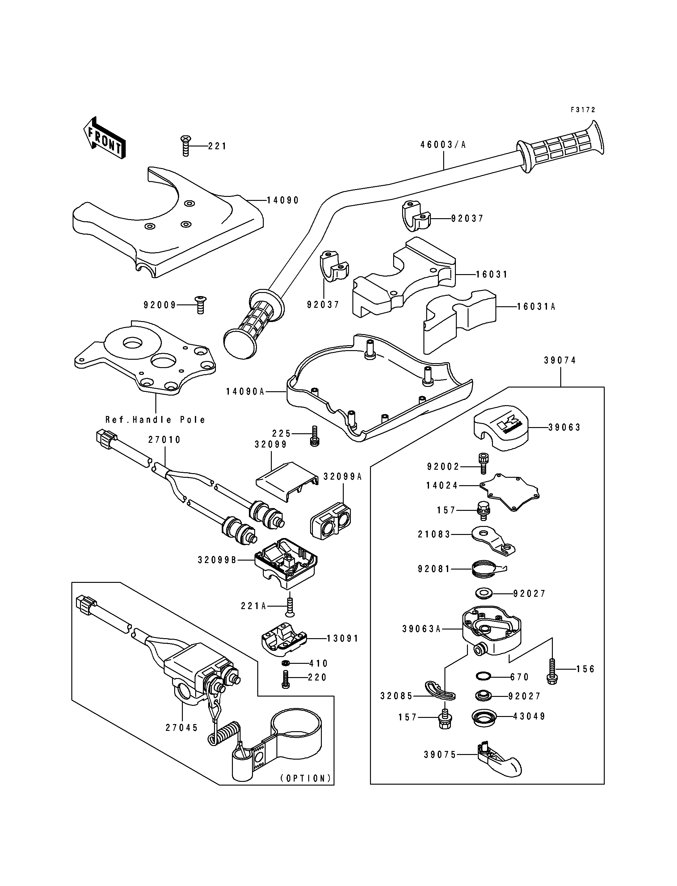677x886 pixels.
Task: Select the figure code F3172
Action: tap(583, 110)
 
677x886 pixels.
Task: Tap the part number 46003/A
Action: tap(443, 145)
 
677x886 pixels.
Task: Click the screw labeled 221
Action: tap(185, 146)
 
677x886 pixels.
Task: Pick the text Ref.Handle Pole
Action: tap(156, 420)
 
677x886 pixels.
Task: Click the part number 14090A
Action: tap(245, 391)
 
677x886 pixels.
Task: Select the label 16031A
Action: tap(536, 307)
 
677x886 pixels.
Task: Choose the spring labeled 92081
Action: tap(485, 569)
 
